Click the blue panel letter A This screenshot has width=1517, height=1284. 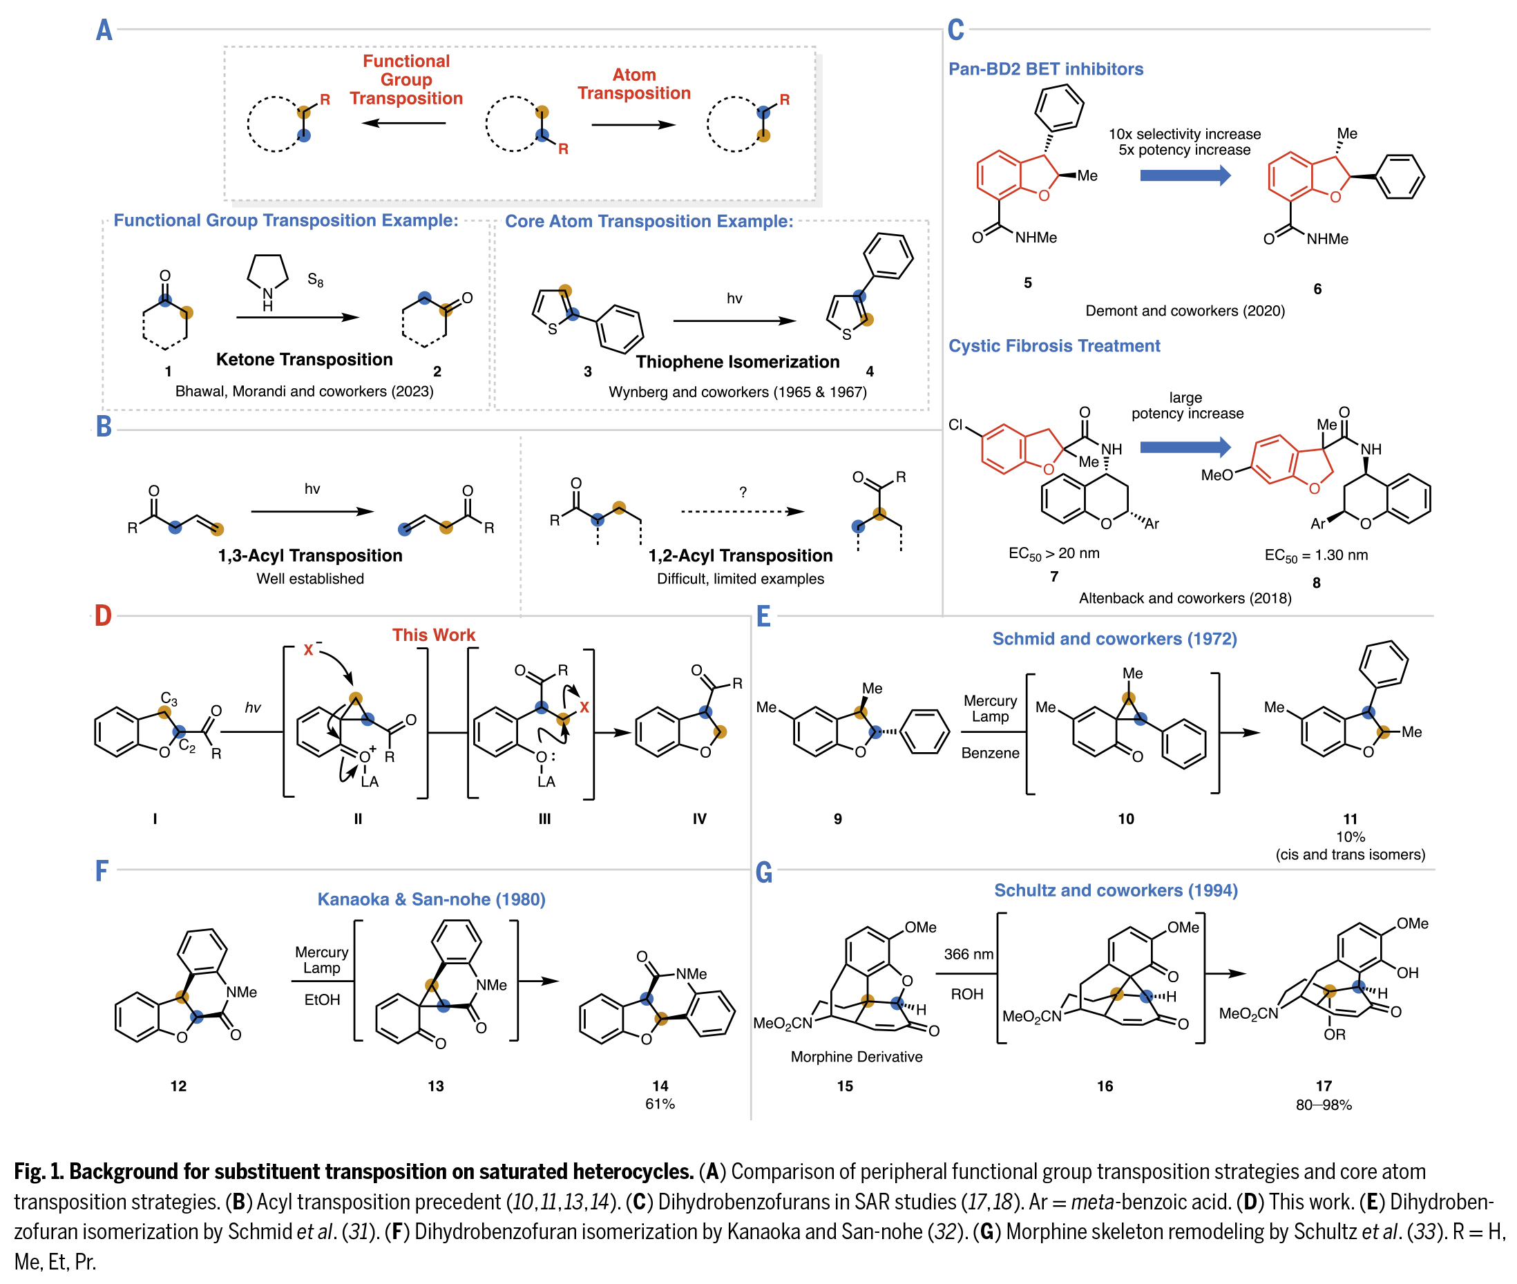point(104,30)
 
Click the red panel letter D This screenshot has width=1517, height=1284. point(103,616)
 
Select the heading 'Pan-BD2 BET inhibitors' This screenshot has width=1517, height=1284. point(1045,69)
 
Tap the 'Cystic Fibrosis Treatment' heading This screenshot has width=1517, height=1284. point(1053,346)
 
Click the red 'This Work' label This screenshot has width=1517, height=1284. point(433,635)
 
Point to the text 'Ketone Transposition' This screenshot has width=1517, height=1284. point(304,360)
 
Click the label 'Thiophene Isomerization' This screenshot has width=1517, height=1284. point(737,362)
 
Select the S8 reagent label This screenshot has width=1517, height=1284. point(315,280)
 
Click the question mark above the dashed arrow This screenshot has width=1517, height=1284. point(743,492)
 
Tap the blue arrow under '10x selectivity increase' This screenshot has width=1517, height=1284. point(1184,175)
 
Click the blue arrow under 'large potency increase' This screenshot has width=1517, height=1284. point(1184,447)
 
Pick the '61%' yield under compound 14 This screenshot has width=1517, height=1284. point(660,1104)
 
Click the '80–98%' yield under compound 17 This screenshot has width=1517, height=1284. point(1324,1105)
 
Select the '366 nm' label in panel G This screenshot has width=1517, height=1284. point(968,955)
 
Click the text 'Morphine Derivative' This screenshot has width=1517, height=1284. point(856,1057)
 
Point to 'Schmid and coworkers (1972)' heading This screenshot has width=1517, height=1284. point(1114,639)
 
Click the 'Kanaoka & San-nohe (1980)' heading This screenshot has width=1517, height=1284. point(431,900)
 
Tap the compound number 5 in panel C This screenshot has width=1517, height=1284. point(1027,283)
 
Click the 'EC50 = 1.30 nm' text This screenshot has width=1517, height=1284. point(1316,556)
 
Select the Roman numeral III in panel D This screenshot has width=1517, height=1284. point(544,819)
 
